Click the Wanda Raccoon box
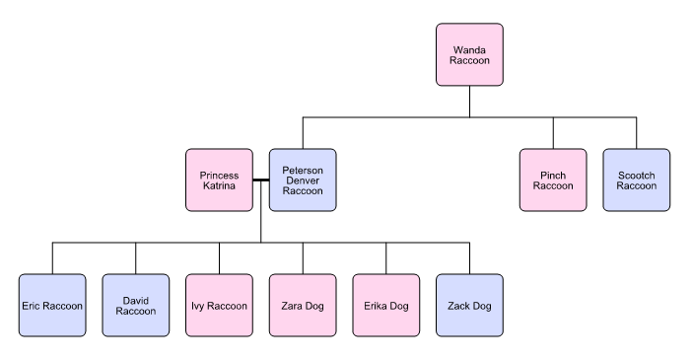point(469,55)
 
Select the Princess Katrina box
point(219,180)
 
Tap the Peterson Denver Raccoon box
point(303,180)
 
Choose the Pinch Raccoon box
point(553,180)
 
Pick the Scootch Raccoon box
point(636,180)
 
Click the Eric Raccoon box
point(52,306)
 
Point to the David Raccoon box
point(136,306)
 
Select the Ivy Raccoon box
point(219,306)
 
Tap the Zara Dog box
point(303,306)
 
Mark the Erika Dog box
point(385,306)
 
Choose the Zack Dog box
point(469,306)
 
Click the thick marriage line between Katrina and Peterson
point(260,180)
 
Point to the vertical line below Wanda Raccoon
point(469,102)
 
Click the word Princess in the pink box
point(219,175)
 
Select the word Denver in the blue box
point(303,180)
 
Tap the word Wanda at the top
point(469,49)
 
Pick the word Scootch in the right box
point(636,175)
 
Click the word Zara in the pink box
point(291,306)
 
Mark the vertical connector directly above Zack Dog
point(469,257)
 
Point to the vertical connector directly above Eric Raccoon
point(52,257)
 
